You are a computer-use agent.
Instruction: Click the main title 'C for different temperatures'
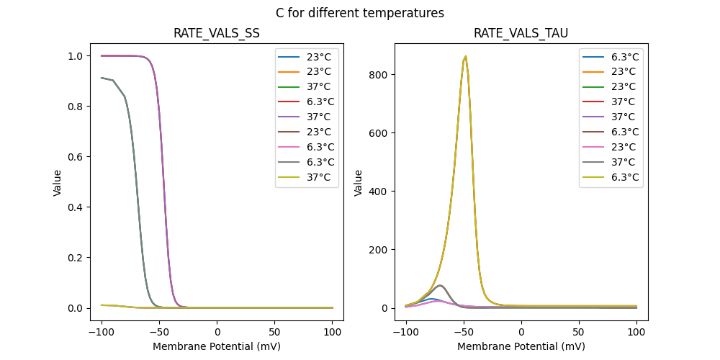[x=360, y=13]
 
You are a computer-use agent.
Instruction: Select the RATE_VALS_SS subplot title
[x=217, y=33]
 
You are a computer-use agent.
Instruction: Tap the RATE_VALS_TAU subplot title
[x=521, y=33]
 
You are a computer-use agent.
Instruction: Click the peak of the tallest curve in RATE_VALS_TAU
[x=466, y=56]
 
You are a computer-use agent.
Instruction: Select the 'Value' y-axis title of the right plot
[x=358, y=182]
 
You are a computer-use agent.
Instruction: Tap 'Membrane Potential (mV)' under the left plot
[x=217, y=346]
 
